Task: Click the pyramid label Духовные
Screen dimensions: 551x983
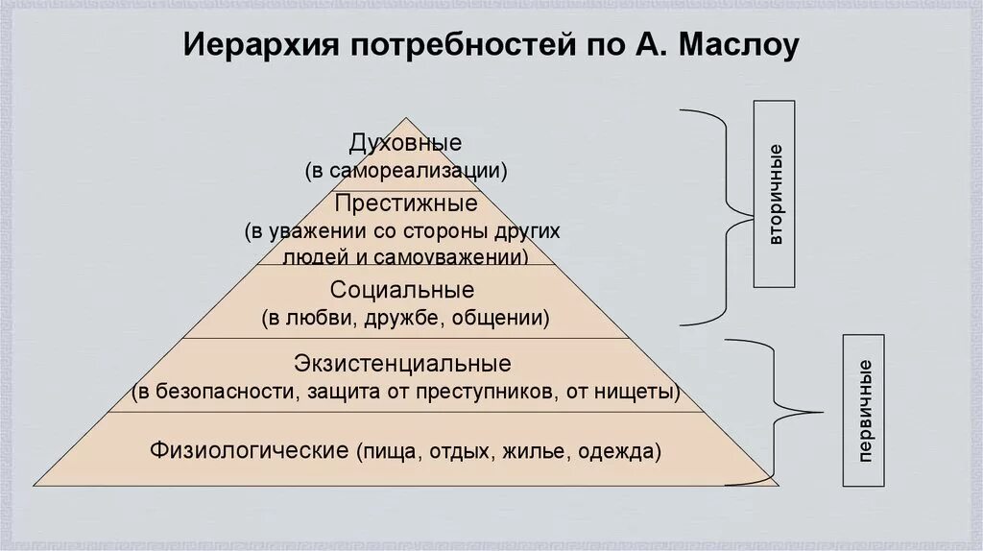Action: click(405, 144)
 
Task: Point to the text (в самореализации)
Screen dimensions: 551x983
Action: click(405, 171)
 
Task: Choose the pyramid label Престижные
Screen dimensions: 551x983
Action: click(405, 204)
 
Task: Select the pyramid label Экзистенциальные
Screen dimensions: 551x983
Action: click(403, 365)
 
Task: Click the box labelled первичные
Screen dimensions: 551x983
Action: click(864, 410)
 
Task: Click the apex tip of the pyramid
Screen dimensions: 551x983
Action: click(407, 119)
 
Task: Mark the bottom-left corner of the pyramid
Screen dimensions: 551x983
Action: click(36, 485)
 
